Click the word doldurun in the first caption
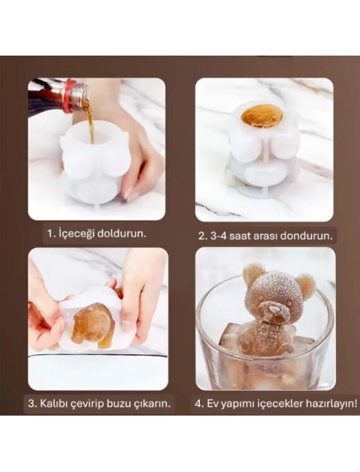tap(123, 233)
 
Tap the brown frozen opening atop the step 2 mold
tap(264, 115)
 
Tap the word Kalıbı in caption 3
tap(58, 404)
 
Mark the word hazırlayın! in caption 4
tap(327, 404)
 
